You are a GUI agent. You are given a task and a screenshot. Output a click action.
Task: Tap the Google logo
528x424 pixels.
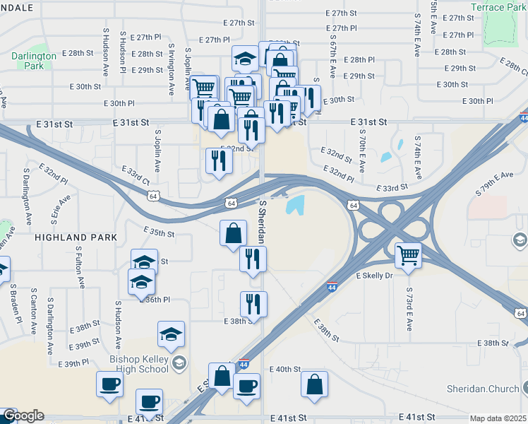coord(23,416)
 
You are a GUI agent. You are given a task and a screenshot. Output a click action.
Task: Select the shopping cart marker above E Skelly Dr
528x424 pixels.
coord(408,255)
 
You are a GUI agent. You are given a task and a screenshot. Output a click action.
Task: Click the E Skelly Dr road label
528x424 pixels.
coord(373,276)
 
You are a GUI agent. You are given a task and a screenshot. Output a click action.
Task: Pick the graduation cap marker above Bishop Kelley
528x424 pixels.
coord(170,334)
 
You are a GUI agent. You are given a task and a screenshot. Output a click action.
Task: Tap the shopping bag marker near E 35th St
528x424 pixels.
coord(233,232)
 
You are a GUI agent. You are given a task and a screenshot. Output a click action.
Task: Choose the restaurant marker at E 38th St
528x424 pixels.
coord(253,304)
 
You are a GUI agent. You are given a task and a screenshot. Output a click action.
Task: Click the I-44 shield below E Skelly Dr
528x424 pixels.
coord(332,287)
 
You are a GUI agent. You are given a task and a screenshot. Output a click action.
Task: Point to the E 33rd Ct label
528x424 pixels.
coord(136,176)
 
